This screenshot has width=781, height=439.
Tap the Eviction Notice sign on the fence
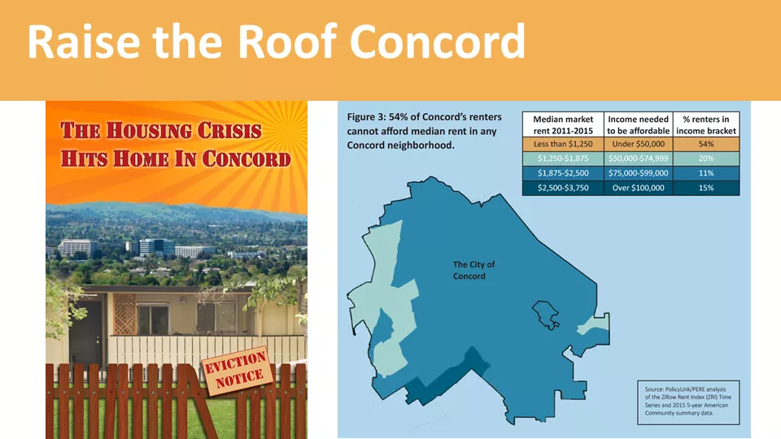point(236,371)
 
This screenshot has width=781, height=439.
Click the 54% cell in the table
point(706,144)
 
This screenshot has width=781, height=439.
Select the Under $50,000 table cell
point(638,144)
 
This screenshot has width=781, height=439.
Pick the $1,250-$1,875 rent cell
point(563,159)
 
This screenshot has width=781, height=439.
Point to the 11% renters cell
point(706,173)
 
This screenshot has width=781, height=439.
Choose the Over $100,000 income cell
point(638,188)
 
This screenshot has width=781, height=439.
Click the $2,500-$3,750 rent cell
point(563,188)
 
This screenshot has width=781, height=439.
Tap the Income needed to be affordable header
point(638,125)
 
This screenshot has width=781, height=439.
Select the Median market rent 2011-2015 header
point(563,125)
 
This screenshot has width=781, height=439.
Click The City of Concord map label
point(473,270)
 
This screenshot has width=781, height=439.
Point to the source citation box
point(688,402)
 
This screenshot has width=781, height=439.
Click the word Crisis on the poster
point(229,131)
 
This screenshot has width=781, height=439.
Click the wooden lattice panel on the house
point(124,314)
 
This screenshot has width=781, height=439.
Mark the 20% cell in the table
point(706,159)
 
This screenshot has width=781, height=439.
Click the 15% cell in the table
point(706,188)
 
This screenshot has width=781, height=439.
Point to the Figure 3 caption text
point(425,131)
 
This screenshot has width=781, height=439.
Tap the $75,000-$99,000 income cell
point(638,173)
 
